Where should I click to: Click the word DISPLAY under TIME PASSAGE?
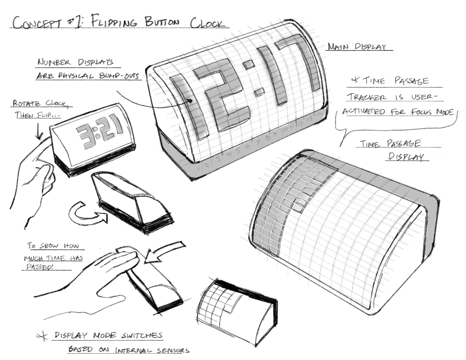(x=406, y=157)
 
